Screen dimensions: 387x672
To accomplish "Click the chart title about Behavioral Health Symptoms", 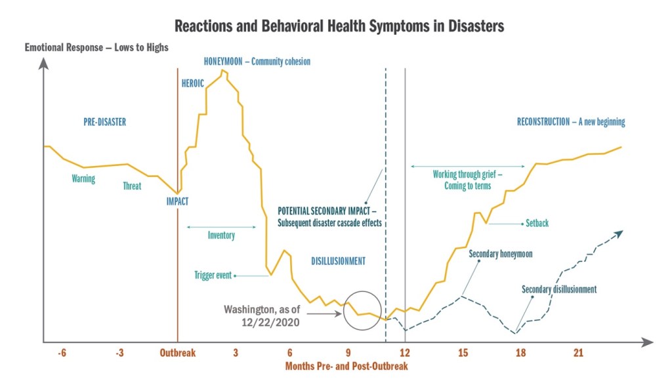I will [339, 26].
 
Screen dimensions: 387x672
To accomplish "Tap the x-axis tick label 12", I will [406, 353].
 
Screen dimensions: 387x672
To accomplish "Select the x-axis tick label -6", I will [62, 353].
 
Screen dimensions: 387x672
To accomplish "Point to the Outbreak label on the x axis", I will [178, 353].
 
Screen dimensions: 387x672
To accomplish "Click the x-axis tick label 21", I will [578, 353].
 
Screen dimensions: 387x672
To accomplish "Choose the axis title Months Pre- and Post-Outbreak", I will [346, 366].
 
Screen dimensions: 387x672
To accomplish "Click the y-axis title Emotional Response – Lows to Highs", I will [96, 47].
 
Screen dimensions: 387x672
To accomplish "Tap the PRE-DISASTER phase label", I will [104, 122].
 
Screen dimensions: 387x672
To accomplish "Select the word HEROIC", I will [193, 83].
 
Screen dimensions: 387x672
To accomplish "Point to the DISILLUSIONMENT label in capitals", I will [338, 261].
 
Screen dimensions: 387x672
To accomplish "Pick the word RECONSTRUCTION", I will [543, 122].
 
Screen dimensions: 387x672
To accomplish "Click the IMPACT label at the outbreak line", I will [177, 202].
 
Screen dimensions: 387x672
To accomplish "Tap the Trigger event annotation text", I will [213, 275].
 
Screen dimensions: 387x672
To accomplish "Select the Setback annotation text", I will [537, 224].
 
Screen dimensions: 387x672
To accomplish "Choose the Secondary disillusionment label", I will [559, 289].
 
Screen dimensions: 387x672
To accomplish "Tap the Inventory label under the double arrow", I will [221, 235].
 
